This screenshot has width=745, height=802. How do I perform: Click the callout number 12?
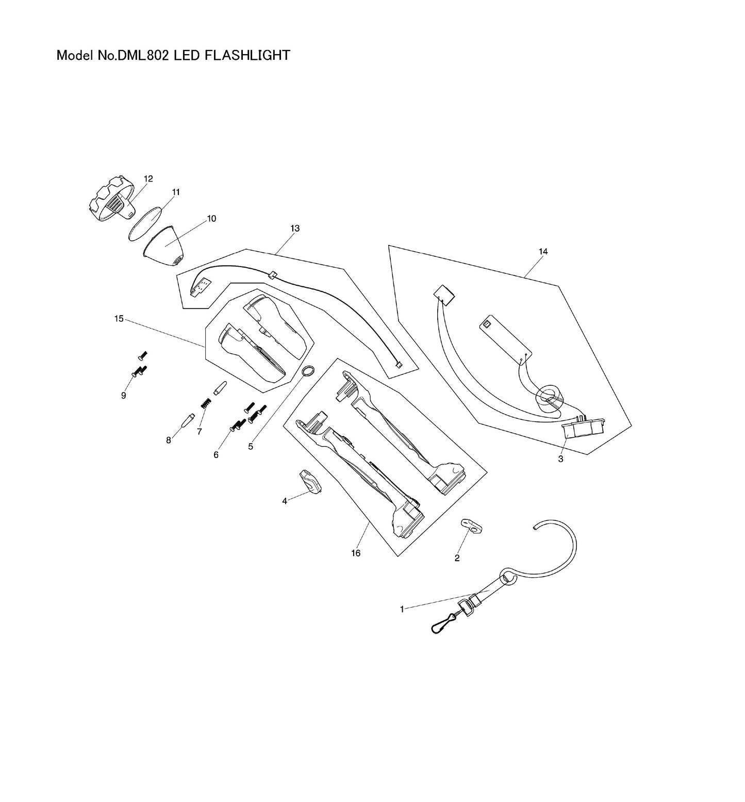pyautogui.click(x=148, y=179)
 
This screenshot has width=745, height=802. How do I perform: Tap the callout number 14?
pyautogui.click(x=543, y=252)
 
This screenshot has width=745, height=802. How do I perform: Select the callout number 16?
pyautogui.click(x=356, y=553)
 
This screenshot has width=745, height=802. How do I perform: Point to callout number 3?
pyautogui.click(x=560, y=459)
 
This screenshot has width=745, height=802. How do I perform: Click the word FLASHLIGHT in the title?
pyautogui.click(x=247, y=55)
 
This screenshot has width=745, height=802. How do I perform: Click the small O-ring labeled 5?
pyautogui.click(x=308, y=371)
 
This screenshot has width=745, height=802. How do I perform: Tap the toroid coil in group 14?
pyautogui.click(x=548, y=397)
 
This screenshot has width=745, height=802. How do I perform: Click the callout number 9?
pyautogui.click(x=123, y=396)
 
